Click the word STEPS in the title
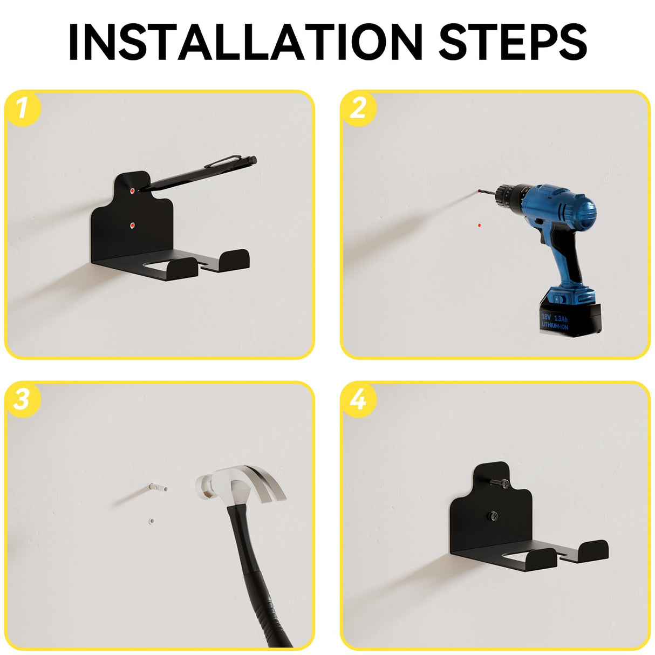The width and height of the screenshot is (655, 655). [x=513, y=42]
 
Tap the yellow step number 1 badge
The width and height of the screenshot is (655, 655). [x=23, y=108]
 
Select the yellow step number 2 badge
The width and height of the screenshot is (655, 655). [x=358, y=108]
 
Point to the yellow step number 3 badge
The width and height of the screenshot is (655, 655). [x=23, y=399]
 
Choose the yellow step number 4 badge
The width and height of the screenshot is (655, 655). [x=358, y=399]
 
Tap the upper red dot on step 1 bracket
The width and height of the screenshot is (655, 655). [x=132, y=191]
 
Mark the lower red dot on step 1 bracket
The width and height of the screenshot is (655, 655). [x=132, y=224]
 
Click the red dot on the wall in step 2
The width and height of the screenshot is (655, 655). [x=479, y=225]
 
